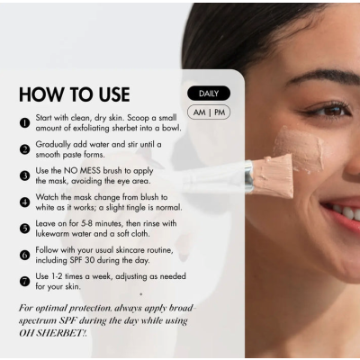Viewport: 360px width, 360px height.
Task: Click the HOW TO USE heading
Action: point(75,94)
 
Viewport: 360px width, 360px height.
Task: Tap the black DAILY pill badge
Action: point(208,94)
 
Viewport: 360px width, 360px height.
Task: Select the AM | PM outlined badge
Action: point(208,112)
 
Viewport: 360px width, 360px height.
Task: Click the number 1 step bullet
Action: point(24,123)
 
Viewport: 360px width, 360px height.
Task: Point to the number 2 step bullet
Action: point(24,149)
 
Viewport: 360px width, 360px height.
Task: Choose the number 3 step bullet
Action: point(24,175)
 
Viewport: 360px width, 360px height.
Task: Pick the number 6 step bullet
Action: point(24,255)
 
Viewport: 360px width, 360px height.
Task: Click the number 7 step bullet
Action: point(24,280)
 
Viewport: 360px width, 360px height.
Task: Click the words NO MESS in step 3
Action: point(85,169)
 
